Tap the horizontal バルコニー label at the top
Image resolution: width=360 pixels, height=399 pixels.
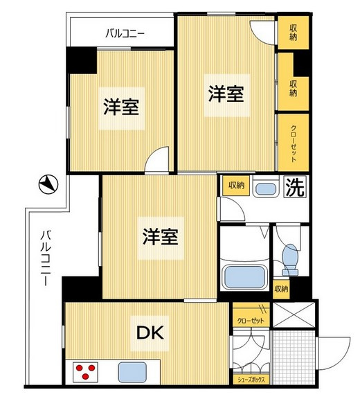125,32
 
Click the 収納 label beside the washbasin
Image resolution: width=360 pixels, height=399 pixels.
235,186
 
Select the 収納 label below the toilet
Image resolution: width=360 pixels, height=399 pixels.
281,288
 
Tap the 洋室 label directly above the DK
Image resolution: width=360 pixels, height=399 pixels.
161,237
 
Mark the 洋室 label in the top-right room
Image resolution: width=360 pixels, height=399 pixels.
226,94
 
